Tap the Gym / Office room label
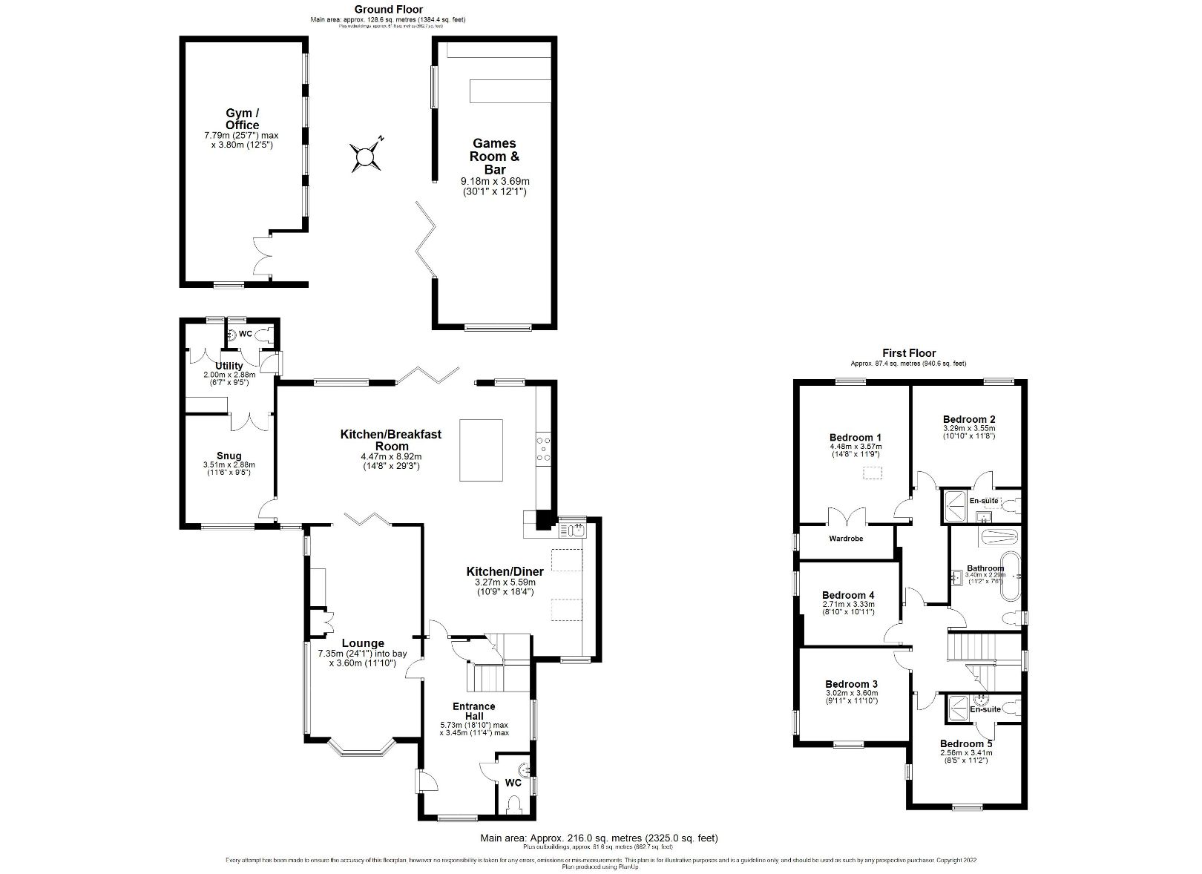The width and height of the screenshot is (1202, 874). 243,119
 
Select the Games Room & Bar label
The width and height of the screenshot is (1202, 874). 495,156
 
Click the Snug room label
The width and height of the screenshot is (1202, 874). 229,456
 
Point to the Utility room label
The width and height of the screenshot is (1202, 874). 229,366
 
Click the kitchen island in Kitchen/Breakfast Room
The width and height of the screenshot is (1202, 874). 481,450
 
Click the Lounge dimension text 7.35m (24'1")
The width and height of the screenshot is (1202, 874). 362,654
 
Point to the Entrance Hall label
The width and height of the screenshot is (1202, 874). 474,711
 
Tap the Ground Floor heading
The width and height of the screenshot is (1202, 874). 389,10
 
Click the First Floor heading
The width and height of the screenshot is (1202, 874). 909,353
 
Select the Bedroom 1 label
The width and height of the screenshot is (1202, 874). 855,437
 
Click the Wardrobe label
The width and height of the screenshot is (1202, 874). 846,539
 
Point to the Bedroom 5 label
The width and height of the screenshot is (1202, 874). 966,743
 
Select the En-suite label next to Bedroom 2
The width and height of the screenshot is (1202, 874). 984,501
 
